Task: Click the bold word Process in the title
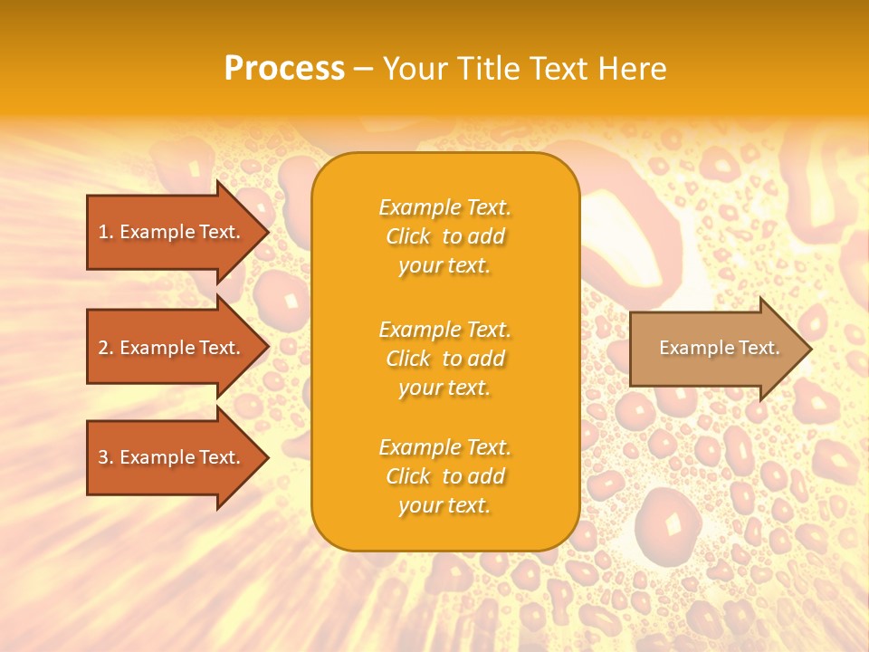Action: (x=284, y=69)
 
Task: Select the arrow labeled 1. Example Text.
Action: (x=169, y=233)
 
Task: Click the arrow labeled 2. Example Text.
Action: (x=169, y=348)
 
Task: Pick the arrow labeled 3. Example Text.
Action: (x=169, y=457)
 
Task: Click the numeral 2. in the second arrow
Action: (x=106, y=348)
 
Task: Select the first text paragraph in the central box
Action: (x=444, y=236)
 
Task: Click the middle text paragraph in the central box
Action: (x=444, y=359)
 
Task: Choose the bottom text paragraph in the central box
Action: (x=444, y=476)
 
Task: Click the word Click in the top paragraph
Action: (x=408, y=236)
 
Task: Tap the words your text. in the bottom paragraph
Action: (x=444, y=505)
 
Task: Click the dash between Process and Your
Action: (x=363, y=69)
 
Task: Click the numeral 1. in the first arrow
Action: (x=106, y=233)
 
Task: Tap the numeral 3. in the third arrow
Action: (x=106, y=457)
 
